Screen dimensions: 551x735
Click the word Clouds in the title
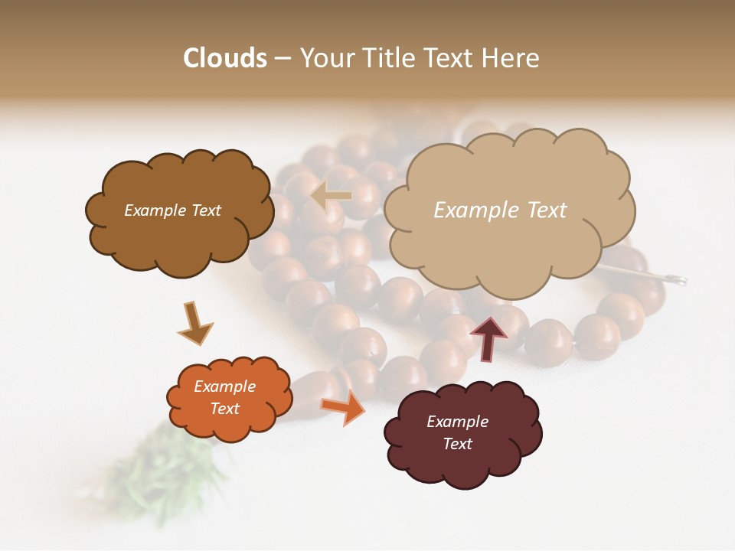[x=225, y=58]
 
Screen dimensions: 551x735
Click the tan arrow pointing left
[x=331, y=196]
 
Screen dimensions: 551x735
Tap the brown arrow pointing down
[x=194, y=324]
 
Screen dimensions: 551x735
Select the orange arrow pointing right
[x=343, y=409]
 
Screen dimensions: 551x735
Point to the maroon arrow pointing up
[x=488, y=338]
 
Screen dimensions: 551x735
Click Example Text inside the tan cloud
[x=500, y=210]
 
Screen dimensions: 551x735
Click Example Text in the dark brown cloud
[x=172, y=210]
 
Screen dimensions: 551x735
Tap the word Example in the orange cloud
[x=224, y=386]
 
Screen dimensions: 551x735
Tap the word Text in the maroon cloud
[x=457, y=444]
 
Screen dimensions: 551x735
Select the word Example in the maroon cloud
[x=457, y=422]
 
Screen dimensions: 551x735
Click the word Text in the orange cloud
[x=224, y=409]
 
